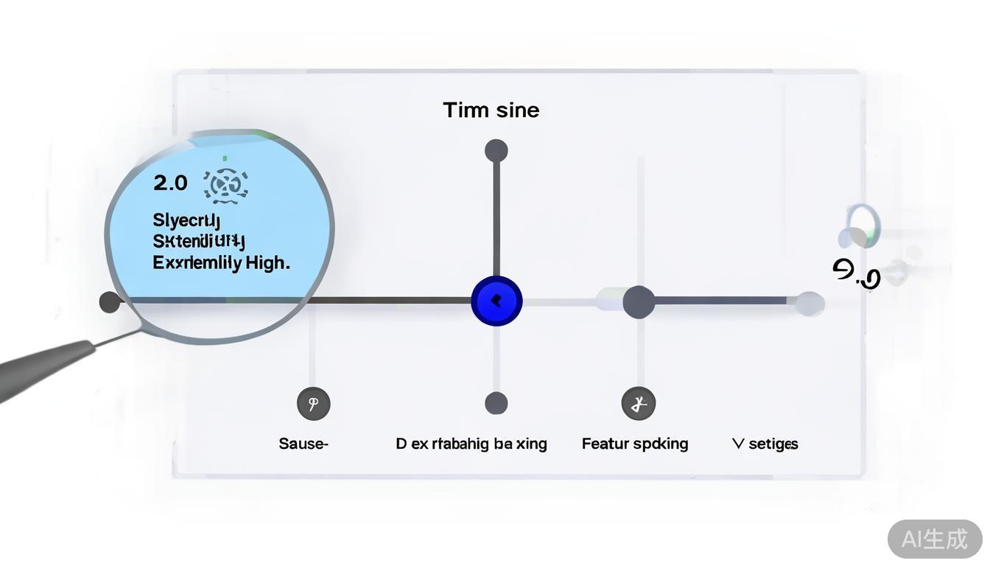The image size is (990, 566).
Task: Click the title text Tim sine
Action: click(x=491, y=111)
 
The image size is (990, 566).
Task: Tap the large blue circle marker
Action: click(x=496, y=301)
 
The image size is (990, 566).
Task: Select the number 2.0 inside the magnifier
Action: click(x=170, y=183)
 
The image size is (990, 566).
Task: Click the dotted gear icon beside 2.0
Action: click(x=225, y=185)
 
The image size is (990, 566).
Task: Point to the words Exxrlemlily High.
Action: click(x=221, y=262)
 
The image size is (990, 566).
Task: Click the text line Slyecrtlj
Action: click(x=186, y=220)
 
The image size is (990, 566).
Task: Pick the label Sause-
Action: click(x=303, y=444)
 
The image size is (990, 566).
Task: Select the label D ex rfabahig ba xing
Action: click(x=471, y=444)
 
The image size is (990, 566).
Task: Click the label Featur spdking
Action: click(x=635, y=444)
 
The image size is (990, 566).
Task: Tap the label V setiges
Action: click(x=765, y=444)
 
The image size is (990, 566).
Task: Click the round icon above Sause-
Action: click(x=313, y=404)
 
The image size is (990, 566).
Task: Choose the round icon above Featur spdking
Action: click(x=639, y=404)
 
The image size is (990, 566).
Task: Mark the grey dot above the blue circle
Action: click(x=496, y=151)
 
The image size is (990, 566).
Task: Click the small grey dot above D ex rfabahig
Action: click(x=496, y=404)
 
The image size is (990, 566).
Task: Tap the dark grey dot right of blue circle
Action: click(x=639, y=302)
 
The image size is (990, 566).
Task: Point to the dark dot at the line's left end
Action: click(x=110, y=301)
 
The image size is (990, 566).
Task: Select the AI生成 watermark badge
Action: click(x=935, y=539)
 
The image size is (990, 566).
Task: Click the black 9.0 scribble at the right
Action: click(x=857, y=273)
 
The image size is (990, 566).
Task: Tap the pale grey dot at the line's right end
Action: click(x=810, y=303)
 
